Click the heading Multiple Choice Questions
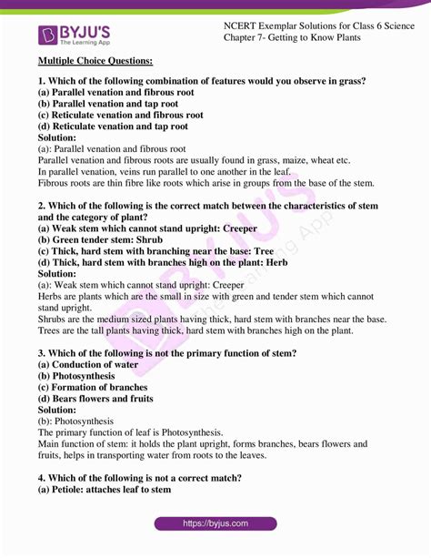[x=95, y=61]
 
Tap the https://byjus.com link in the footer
[x=215, y=524]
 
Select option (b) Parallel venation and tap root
[x=113, y=104]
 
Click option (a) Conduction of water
[x=88, y=365]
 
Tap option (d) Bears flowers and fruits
[x=95, y=399]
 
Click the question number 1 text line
[x=202, y=81]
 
